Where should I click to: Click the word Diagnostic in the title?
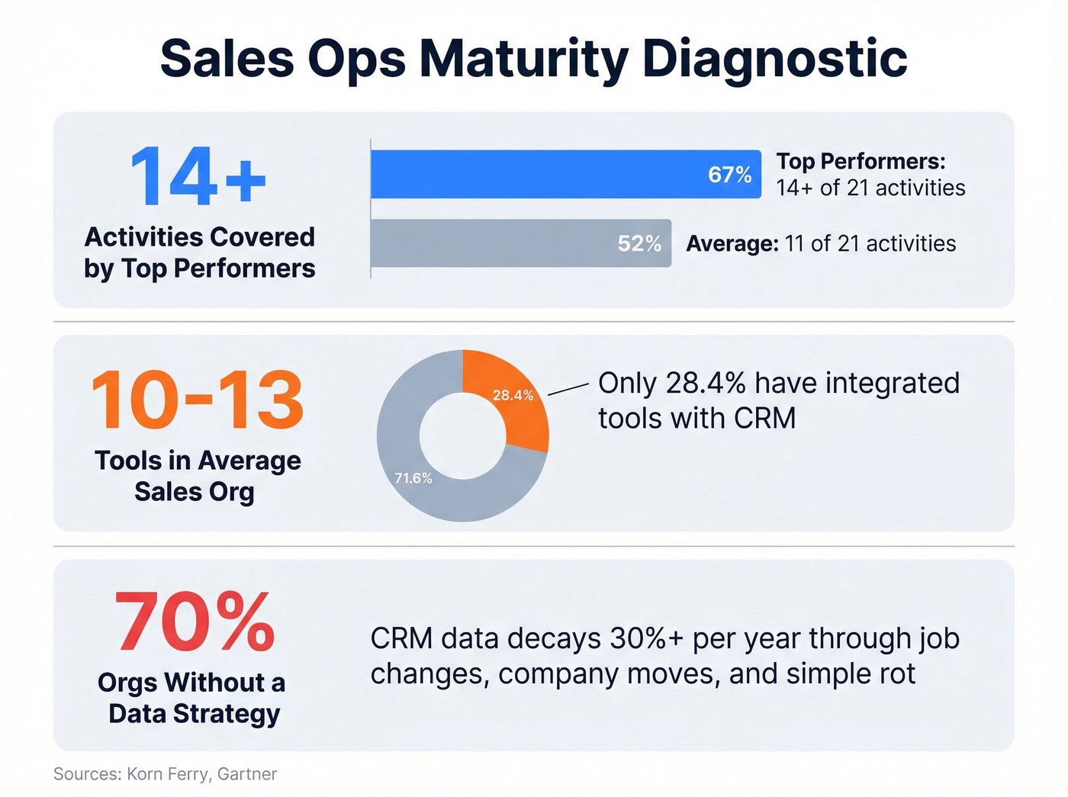tap(774, 59)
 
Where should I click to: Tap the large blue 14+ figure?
tap(198, 177)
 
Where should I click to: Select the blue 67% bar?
tap(534, 175)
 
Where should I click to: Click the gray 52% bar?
tap(488, 243)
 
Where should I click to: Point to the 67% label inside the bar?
tap(729, 175)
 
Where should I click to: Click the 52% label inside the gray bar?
tap(639, 243)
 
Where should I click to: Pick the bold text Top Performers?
tap(861, 161)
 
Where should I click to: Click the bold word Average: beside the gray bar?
tap(732, 243)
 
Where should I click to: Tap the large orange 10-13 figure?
tap(198, 400)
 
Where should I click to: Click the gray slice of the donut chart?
tap(427, 488)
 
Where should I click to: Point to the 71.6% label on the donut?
tap(413, 478)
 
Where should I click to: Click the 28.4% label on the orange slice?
tap(513, 395)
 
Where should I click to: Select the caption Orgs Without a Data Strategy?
tap(192, 698)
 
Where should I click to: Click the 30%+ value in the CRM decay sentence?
tap(646, 638)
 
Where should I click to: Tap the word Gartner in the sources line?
tap(246, 774)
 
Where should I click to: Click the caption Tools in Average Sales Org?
tap(197, 476)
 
